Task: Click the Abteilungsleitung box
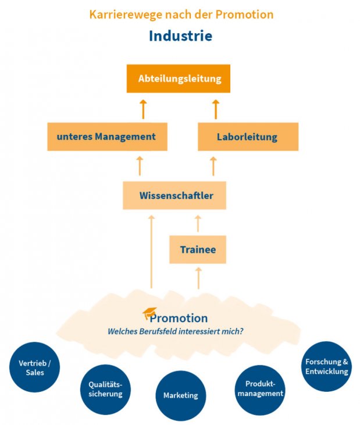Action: click(179, 78)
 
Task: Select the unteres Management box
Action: click(107, 137)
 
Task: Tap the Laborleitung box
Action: click(248, 137)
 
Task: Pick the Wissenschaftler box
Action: click(174, 195)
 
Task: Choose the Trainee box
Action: click(198, 249)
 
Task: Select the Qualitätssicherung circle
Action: click(105, 389)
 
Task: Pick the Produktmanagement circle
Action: click(259, 388)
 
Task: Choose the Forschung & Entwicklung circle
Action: click(326, 366)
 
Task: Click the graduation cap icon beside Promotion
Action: click(149, 314)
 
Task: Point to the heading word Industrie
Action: click(180, 35)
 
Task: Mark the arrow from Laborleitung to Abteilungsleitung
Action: click(215, 109)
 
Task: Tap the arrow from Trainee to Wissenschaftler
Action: click(198, 223)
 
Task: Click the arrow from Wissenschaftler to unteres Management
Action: click(140, 166)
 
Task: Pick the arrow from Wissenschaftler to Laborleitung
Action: click(213, 166)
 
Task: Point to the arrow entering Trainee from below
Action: click(198, 278)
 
